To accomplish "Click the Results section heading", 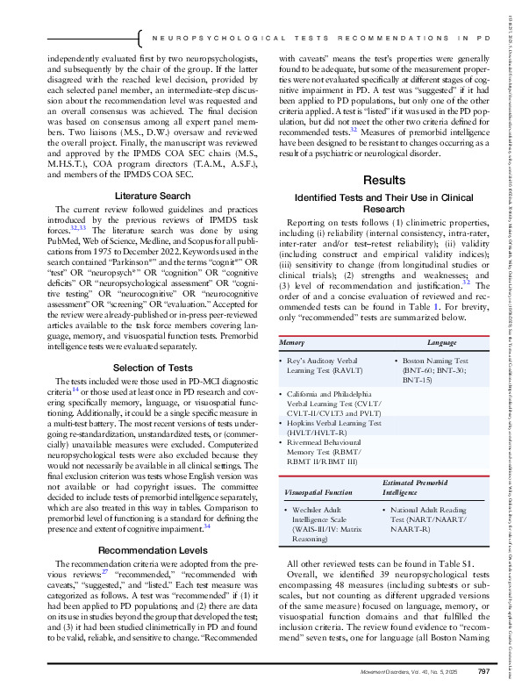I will [x=377, y=180].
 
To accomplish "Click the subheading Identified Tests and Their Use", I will [x=377, y=203].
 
